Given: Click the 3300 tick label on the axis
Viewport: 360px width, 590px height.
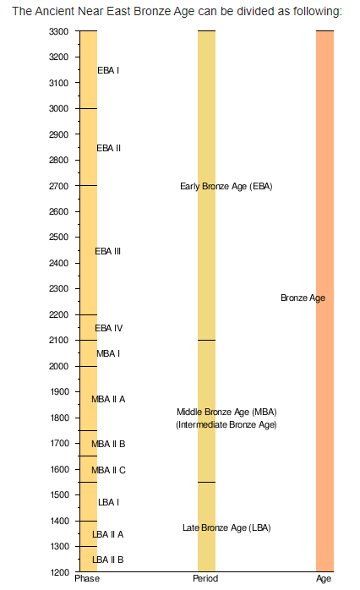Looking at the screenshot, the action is point(58,31).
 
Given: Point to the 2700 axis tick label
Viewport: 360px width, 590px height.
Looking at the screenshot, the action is point(58,186).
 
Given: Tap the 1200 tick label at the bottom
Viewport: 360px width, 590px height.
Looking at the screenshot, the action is point(58,572).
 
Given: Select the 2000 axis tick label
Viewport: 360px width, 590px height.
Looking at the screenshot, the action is point(58,366).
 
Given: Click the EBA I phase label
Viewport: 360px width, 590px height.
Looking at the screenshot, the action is point(108,70).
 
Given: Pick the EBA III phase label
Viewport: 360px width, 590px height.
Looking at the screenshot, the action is point(108,251).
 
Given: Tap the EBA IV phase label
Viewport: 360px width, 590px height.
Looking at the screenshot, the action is point(109,328).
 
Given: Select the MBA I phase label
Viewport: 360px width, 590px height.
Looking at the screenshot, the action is point(108,353).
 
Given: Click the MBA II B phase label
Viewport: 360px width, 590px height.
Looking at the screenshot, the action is point(108,444).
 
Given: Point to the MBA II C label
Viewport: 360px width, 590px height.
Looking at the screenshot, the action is point(108,470).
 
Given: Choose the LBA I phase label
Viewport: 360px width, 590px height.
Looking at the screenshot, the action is point(109,502).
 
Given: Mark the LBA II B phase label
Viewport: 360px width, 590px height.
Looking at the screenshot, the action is point(108,560).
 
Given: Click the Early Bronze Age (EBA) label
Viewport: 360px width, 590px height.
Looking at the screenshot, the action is point(226,186).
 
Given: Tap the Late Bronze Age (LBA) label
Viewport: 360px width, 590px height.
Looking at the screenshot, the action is point(226,528).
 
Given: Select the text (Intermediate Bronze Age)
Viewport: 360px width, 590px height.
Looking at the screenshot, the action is point(226,425).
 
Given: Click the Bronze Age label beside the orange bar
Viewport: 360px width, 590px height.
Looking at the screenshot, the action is point(303,298).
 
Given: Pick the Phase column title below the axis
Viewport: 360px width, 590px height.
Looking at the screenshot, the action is point(87,578).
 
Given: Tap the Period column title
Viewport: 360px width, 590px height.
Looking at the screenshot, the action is point(205,578).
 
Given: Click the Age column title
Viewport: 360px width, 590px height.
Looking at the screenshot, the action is point(324,579).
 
